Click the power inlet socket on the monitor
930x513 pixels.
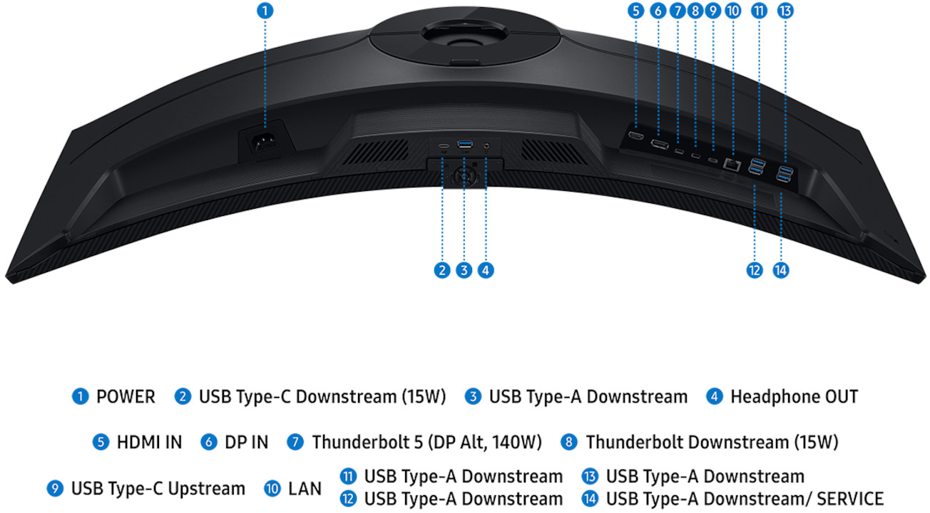264,143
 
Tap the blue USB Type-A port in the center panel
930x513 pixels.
464,144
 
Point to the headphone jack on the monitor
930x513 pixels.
486,145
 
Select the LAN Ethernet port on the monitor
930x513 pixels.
732,165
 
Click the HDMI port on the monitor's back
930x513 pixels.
635,135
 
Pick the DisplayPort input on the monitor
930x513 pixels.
659,145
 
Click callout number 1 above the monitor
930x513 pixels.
265,11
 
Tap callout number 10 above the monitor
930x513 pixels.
732,11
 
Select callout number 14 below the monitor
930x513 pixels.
780,270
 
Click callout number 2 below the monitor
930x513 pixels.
442,270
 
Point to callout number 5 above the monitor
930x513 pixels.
635,11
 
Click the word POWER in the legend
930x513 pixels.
126,396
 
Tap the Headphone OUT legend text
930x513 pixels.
794,396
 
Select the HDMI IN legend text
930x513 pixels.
150,442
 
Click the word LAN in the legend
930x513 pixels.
305,489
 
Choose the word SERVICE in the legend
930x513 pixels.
850,499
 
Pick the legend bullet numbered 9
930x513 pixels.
55,489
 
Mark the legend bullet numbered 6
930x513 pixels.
208,442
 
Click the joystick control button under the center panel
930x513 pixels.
465,177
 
